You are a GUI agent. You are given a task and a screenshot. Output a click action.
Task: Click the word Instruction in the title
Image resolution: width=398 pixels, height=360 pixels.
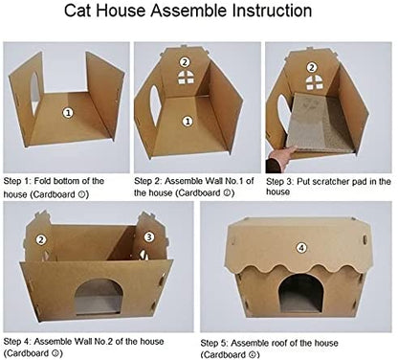click(272, 11)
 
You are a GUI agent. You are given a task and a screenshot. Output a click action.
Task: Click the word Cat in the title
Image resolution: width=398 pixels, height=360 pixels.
click(78, 11)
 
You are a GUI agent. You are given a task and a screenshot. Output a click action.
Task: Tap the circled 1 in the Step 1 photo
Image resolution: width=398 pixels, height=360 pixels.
click(68, 113)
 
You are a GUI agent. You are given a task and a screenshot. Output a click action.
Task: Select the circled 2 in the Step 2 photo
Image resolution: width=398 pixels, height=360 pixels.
click(185, 62)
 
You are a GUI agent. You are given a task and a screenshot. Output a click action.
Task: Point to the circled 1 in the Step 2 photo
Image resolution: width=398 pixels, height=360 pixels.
click(188, 122)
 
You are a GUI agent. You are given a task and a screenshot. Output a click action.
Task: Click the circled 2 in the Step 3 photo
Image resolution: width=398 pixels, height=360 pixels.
click(312, 67)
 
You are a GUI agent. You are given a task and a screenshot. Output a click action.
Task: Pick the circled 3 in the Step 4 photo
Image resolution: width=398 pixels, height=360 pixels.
click(149, 236)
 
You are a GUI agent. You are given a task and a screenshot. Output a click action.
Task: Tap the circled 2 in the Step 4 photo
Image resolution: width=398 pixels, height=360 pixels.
click(41, 239)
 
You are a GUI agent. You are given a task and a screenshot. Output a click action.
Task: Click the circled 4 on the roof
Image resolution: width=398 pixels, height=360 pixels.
click(301, 248)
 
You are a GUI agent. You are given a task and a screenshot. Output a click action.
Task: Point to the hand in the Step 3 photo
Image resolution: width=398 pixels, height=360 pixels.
click(280, 159)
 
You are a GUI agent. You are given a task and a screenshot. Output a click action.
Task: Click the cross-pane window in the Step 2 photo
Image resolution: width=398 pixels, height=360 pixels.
click(186, 78)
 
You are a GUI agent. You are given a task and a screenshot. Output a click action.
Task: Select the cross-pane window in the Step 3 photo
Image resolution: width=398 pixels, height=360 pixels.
click(313, 82)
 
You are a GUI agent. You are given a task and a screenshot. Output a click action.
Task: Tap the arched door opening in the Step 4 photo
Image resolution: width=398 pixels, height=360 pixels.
click(99, 298)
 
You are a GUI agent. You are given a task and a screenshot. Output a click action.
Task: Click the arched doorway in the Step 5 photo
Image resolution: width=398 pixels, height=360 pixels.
click(301, 293)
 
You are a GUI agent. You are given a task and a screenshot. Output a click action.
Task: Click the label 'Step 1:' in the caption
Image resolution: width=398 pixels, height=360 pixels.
click(17, 181)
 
